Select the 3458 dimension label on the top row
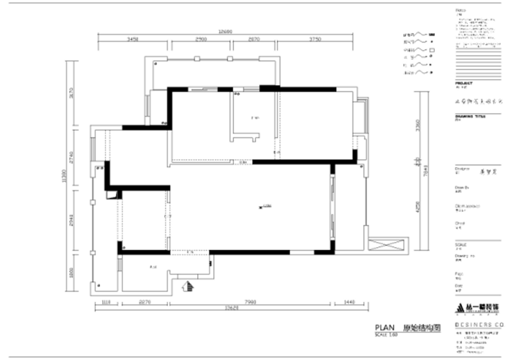pos(132,40)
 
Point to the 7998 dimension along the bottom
pos(251,302)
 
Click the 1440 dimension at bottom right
pos(349,302)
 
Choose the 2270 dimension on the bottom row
pos(144,302)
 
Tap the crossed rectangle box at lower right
pos(388,246)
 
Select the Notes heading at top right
pos(461,10)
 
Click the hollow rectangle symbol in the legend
pos(432,52)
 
